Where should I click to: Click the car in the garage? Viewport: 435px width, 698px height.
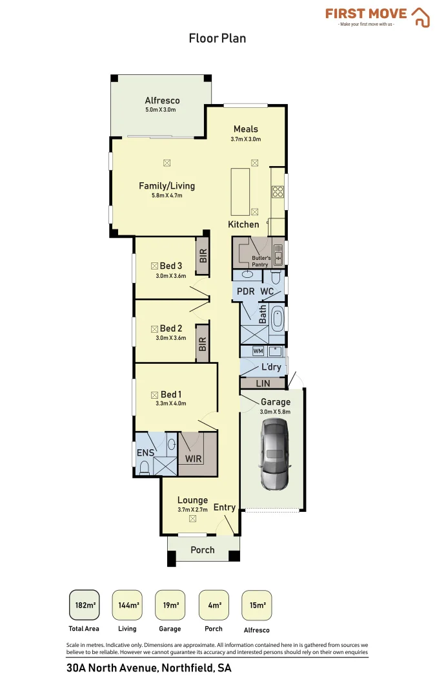[275, 453]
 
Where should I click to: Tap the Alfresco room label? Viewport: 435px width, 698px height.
[162, 101]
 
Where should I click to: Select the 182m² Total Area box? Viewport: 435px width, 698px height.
[84, 606]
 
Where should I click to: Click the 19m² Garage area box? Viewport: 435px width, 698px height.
[170, 606]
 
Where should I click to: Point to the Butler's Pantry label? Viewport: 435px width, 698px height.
[260, 261]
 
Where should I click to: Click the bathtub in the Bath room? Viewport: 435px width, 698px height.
[278, 319]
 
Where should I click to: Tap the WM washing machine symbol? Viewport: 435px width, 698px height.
[258, 351]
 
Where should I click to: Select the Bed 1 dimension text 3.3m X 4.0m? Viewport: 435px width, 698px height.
[170, 404]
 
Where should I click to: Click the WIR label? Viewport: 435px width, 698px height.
[194, 459]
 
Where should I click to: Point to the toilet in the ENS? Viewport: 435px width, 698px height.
[144, 467]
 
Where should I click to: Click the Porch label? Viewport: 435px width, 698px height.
[203, 550]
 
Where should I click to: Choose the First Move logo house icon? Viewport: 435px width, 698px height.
[421, 17]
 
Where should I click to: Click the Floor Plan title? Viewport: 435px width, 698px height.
[217, 38]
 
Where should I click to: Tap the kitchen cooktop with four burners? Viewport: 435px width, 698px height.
[278, 191]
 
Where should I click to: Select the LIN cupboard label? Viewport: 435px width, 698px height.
[263, 383]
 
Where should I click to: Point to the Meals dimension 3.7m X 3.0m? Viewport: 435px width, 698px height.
[246, 139]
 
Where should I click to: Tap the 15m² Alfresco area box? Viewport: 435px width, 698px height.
[257, 606]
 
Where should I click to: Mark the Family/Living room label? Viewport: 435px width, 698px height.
[167, 186]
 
